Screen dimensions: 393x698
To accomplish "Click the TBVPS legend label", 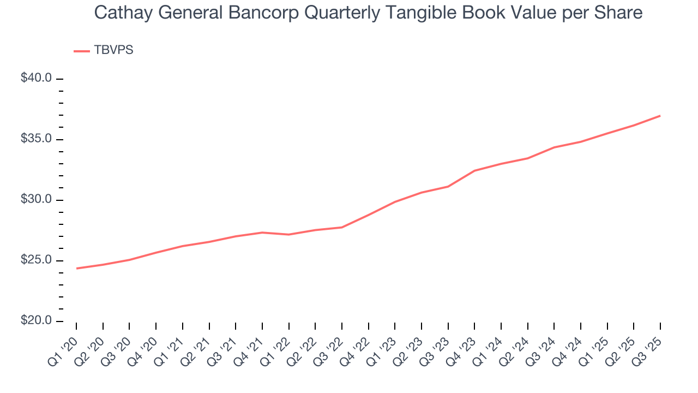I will point(113,50).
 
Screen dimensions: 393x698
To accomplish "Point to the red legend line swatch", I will point(82,51).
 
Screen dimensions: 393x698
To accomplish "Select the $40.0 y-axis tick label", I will point(37,79).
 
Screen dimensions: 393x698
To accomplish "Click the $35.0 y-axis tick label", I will point(37,139).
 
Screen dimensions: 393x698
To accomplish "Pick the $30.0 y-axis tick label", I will point(37,200).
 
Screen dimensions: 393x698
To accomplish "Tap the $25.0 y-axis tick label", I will point(37,260).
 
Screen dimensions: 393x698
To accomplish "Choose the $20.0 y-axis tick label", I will point(37,321).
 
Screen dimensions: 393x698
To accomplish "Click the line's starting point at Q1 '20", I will point(76,268).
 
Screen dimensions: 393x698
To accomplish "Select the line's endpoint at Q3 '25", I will point(660,116).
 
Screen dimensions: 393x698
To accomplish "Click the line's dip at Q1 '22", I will point(288,234).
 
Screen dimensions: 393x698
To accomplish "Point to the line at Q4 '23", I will point(474,171).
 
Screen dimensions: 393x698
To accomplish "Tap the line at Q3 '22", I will point(341,227).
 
